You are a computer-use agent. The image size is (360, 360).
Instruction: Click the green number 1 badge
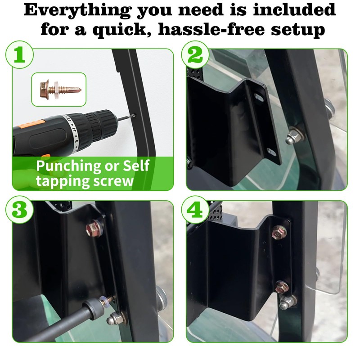tap(19, 55)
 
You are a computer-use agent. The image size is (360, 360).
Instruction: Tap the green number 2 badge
tap(195, 55)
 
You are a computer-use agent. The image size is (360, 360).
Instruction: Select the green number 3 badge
tap(19, 210)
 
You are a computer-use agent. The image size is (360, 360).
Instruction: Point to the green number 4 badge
tap(195, 210)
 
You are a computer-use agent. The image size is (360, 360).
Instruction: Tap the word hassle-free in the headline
tap(211, 29)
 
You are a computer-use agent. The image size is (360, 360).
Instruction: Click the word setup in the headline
tap(298, 30)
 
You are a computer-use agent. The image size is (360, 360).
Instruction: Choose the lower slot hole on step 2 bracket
tap(271, 152)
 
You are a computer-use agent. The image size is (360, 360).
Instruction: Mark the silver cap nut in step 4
tap(287, 302)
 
